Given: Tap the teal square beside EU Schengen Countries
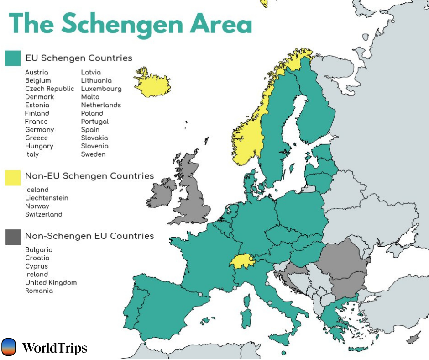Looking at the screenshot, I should pyautogui.click(x=13, y=58).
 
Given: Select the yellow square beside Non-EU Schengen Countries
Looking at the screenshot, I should pyautogui.click(x=13, y=177).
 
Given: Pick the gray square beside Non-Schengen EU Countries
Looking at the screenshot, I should pyautogui.click(x=13, y=237).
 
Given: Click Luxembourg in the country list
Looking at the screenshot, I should pyautogui.click(x=101, y=89).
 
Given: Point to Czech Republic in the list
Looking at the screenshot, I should pyautogui.click(x=49, y=89).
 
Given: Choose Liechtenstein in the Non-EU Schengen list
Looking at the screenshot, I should pyautogui.click(x=47, y=198).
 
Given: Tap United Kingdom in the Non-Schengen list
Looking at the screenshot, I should pyautogui.click(x=51, y=282).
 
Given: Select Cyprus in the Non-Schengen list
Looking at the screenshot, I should pyautogui.click(x=36, y=266).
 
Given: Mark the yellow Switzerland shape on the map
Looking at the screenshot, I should pyautogui.click(x=241, y=262).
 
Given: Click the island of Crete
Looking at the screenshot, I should pyautogui.click(x=358, y=349).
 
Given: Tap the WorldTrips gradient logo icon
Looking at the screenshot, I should pyautogui.click(x=9, y=347).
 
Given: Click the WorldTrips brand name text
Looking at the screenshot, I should pyautogui.click(x=54, y=349).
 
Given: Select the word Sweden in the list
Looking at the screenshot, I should pyautogui.click(x=93, y=154).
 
